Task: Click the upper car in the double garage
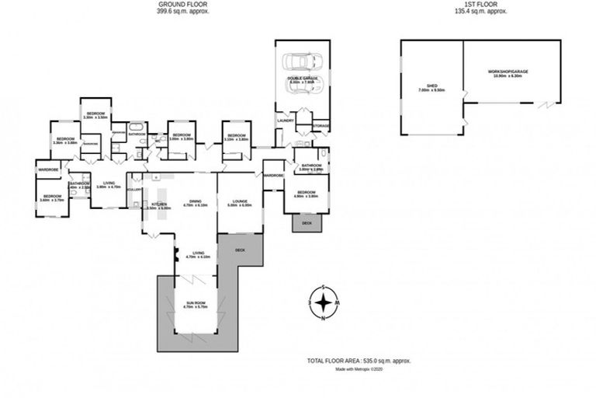tap(300, 61)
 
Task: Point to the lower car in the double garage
tap(300, 87)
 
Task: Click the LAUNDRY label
tap(284, 120)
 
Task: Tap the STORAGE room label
tap(321, 126)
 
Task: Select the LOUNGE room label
tap(239, 204)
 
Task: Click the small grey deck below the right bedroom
tap(307, 222)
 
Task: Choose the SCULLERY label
tap(133, 189)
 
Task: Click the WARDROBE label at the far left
tap(49, 168)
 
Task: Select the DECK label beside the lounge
tap(240, 250)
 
